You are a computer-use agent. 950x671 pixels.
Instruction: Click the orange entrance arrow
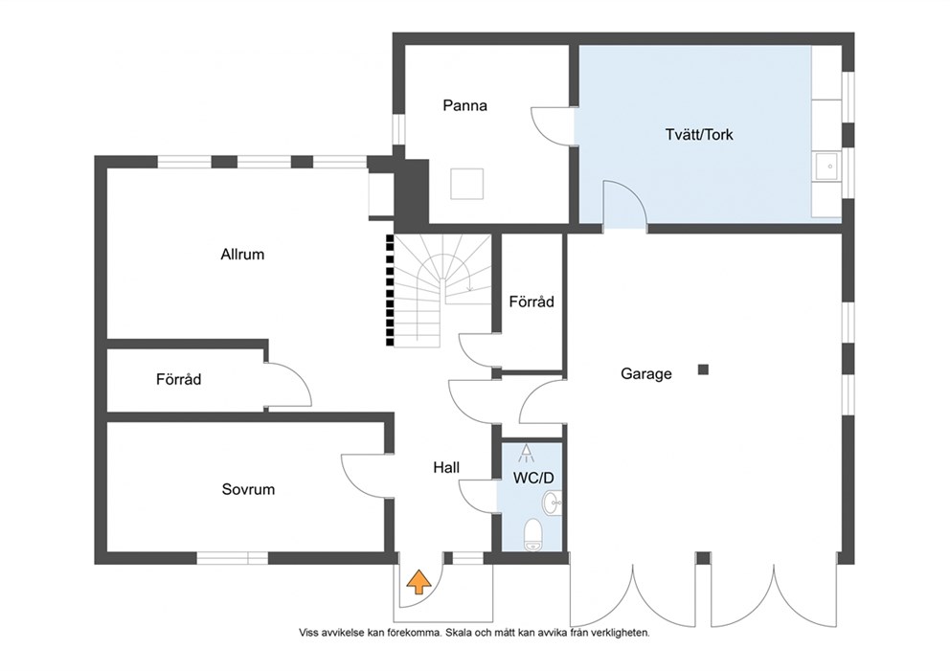click(418, 582)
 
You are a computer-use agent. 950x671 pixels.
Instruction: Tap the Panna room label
click(464, 105)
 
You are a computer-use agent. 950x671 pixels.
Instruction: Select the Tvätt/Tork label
click(698, 134)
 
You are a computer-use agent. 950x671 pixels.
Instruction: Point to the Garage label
click(645, 373)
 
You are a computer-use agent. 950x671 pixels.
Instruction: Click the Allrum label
click(242, 255)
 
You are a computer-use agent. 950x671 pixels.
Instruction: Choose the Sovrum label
click(248, 489)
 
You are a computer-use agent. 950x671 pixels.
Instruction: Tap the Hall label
click(446, 467)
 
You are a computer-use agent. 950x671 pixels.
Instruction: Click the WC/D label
click(533, 478)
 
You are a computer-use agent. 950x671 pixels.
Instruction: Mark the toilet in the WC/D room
click(532, 535)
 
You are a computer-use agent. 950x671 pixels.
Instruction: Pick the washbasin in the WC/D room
click(553, 503)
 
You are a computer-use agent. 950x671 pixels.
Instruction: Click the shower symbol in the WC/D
click(526, 453)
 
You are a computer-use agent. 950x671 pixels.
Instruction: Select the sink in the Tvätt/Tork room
click(826, 166)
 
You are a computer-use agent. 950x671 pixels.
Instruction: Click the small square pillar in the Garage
click(703, 369)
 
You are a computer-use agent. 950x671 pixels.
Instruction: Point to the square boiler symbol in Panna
click(467, 184)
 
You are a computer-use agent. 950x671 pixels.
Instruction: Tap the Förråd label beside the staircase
click(532, 302)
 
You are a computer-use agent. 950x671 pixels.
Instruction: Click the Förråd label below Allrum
click(179, 380)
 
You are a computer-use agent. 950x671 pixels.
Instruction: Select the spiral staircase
click(442, 290)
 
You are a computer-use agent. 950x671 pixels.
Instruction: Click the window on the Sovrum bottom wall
click(233, 558)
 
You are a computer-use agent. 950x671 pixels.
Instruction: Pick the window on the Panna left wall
click(398, 129)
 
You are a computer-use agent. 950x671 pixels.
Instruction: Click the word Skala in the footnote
click(458, 633)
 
